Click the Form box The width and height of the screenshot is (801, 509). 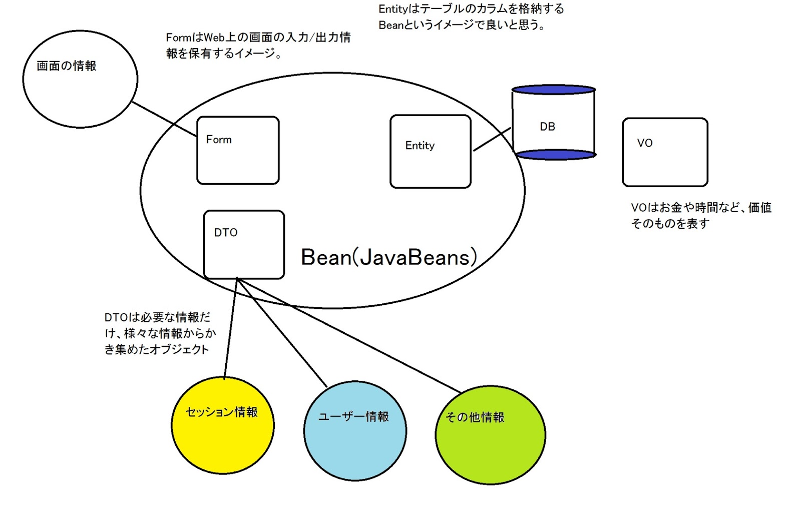[238, 150]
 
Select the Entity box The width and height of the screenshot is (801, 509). [431, 152]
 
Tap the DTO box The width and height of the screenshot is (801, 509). [244, 244]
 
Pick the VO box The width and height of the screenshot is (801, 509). [665, 152]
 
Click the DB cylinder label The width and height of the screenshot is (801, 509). [548, 127]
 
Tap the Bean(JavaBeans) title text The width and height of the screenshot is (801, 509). [388, 257]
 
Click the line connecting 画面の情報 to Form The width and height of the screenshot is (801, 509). [164, 119]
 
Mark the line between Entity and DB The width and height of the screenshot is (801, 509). [492, 139]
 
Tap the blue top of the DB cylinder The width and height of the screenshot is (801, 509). [553, 90]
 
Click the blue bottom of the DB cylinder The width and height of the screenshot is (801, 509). [555, 155]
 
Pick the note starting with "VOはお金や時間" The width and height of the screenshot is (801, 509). [701, 215]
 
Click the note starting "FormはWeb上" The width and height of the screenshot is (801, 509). [258, 45]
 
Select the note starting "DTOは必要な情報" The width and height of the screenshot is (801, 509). [159, 333]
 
